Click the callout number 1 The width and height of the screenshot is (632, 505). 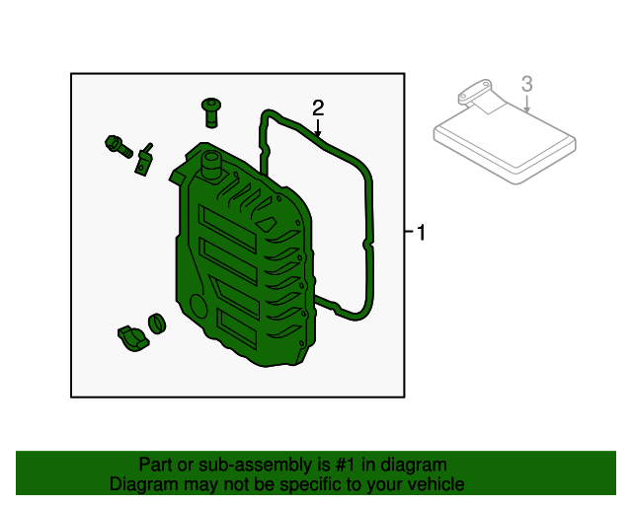coord(422,233)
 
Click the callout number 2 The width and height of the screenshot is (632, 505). coord(318,108)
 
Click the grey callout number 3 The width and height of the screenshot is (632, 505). coord(526,84)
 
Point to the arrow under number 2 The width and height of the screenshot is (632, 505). coord(318,128)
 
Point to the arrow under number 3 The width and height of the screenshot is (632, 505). coord(526,104)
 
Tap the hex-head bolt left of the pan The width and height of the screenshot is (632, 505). coord(118,147)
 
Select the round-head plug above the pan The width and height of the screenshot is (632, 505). coord(210,112)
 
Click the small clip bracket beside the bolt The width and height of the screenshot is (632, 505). coord(144,160)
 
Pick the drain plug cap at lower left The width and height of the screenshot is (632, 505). coord(133,338)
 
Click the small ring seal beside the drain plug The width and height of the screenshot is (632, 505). coord(157,324)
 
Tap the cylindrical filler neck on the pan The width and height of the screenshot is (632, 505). coord(210,165)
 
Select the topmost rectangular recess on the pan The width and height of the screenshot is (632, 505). coord(228,229)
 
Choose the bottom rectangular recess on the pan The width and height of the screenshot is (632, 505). coord(237,328)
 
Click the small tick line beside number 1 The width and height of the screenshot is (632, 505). coord(409,231)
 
